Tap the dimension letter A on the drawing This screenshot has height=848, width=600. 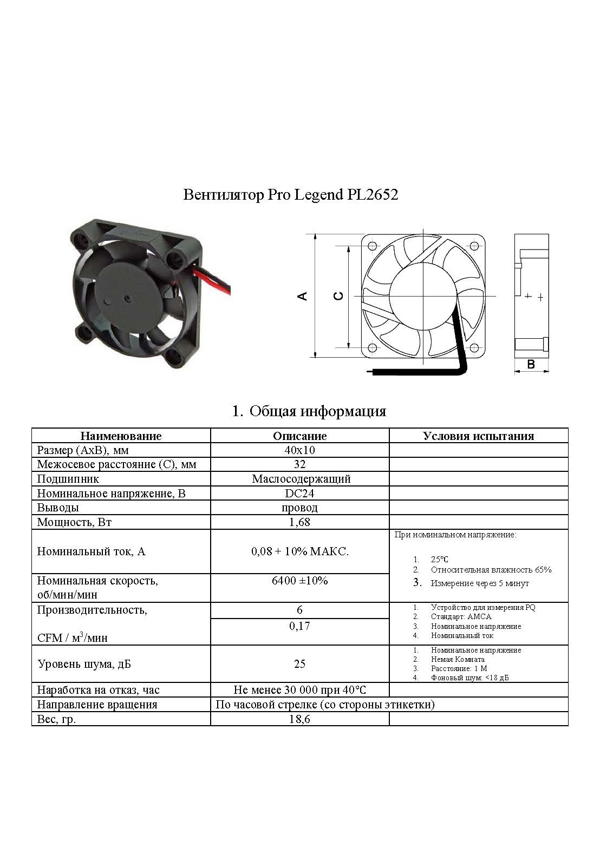303,296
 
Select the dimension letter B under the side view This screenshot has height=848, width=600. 531,364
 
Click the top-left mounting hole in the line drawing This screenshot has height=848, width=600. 371,246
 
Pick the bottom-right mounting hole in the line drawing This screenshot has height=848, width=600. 474,347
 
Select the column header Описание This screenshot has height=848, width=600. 299,436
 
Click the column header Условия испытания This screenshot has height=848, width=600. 478,436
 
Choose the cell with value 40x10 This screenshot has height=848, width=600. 299,450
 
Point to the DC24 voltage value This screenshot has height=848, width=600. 299,494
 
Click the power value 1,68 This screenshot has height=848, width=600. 299,522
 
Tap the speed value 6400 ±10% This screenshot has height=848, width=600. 299,581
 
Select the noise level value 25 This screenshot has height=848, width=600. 299,664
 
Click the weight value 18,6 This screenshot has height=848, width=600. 299,719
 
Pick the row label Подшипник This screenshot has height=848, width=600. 68,479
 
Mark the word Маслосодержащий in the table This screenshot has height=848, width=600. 301,479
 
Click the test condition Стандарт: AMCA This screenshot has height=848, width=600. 461,617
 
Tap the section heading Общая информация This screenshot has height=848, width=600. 317,411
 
